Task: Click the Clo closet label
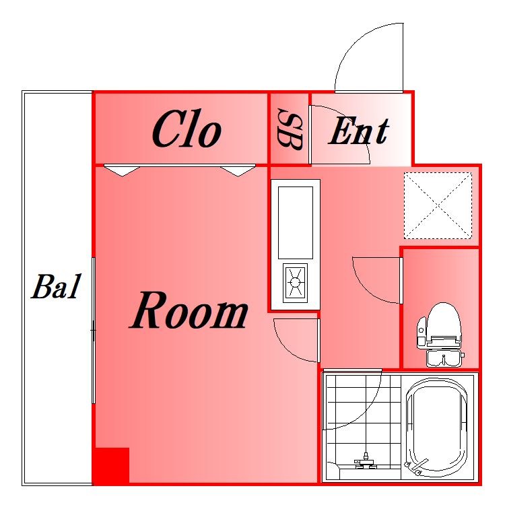187,129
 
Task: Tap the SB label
289,129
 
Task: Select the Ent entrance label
359,131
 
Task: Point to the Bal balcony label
56,287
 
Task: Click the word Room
189,310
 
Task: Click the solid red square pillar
111,465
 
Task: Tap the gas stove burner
295,283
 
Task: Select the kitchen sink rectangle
296,223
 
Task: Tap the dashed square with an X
438,205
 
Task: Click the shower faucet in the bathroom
366,462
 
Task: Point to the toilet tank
444,357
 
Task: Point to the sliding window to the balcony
93,331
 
